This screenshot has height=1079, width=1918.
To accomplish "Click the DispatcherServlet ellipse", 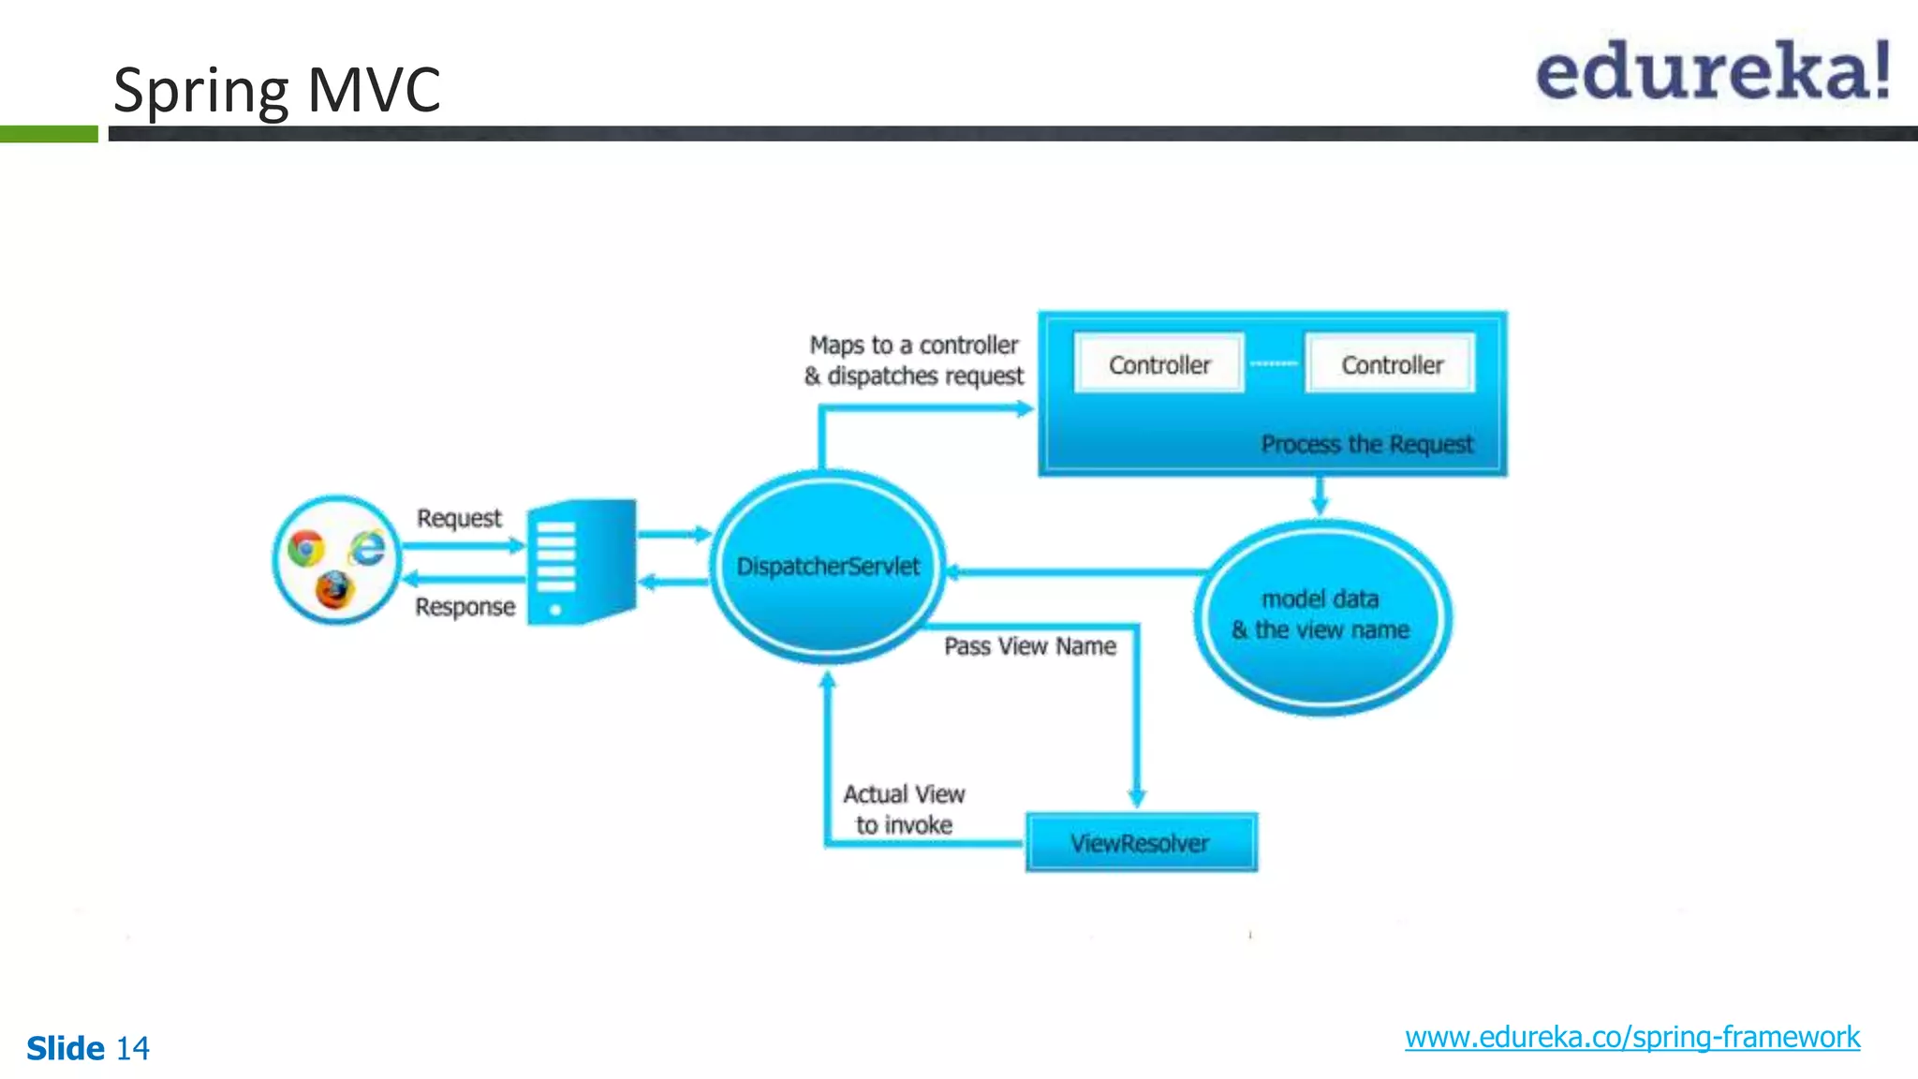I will (x=828, y=566).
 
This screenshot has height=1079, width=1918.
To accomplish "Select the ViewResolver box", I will (x=1141, y=843).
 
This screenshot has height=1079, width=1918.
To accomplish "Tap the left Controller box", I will (x=1158, y=364).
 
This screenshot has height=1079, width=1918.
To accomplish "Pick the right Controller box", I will (x=1391, y=364).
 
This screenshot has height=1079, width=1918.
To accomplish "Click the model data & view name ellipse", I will (x=1320, y=615).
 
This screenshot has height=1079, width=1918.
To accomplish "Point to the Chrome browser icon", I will (x=306, y=548).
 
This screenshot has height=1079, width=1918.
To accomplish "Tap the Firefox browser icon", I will (x=333, y=590).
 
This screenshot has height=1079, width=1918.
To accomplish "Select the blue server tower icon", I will (x=581, y=562).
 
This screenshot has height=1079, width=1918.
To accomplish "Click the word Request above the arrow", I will (x=459, y=518).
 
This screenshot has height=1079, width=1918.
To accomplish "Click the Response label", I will (x=465, y=607).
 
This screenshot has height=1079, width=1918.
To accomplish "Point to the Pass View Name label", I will (x=1029, y=646).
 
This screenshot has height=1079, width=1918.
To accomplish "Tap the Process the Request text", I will (x=1366, y=444).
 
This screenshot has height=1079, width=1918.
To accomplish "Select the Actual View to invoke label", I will (x=904, y=809).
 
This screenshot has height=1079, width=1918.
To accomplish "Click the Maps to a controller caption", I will (x=913, y=360).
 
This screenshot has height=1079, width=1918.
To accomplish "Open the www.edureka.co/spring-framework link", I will (x=1631, y=1037).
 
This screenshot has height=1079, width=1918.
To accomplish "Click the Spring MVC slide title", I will (x=276, y=90).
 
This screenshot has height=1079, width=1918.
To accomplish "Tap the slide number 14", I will (x=132, y=1048).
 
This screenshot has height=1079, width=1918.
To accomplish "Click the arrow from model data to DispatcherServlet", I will (x=1077, y=571).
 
